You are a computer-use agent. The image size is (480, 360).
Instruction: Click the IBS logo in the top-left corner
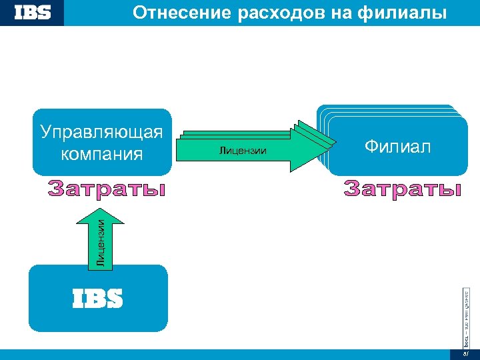click(x=32, y=13)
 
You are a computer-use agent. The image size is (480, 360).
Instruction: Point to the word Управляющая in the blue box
click(x=101, y=131)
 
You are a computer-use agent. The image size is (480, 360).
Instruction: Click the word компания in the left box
click(x=101, y=154)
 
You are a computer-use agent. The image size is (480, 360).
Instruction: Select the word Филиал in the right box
click(x=397, y=147)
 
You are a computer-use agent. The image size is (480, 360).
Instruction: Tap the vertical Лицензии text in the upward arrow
click(x=99, y=243)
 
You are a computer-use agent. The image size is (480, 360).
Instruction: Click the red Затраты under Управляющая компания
click(x=107, y=190)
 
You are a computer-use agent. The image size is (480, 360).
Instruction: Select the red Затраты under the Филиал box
click(x=403, y=189)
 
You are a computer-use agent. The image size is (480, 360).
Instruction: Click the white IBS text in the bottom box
click(x=97, y=299)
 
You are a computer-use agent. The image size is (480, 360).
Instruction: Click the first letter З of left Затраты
click(x=56, y=190)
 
